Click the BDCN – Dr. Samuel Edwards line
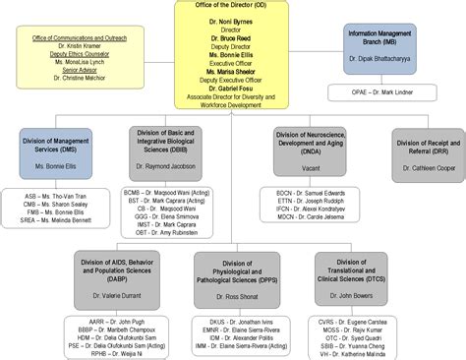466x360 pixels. click(310, 192)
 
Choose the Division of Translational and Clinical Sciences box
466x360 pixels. click(351, 270)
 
